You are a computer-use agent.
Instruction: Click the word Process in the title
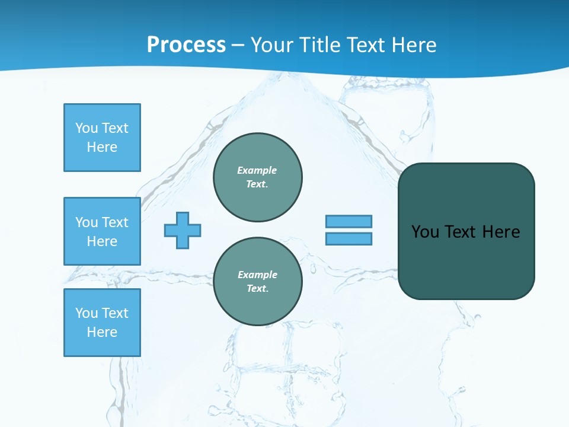coord(186,45)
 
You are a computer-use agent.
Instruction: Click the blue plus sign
coord(183,230)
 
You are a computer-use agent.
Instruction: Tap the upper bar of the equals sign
coord(349,221)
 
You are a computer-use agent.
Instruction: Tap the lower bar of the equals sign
coord(349,239)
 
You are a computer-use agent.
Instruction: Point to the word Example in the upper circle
coord(257,170)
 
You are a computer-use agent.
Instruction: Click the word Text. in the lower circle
coord(258,289)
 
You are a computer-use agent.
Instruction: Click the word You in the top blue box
coord(86,128)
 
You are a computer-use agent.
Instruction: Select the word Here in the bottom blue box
coord(102,332)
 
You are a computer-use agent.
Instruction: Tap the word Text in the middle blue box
coord(114,222)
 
